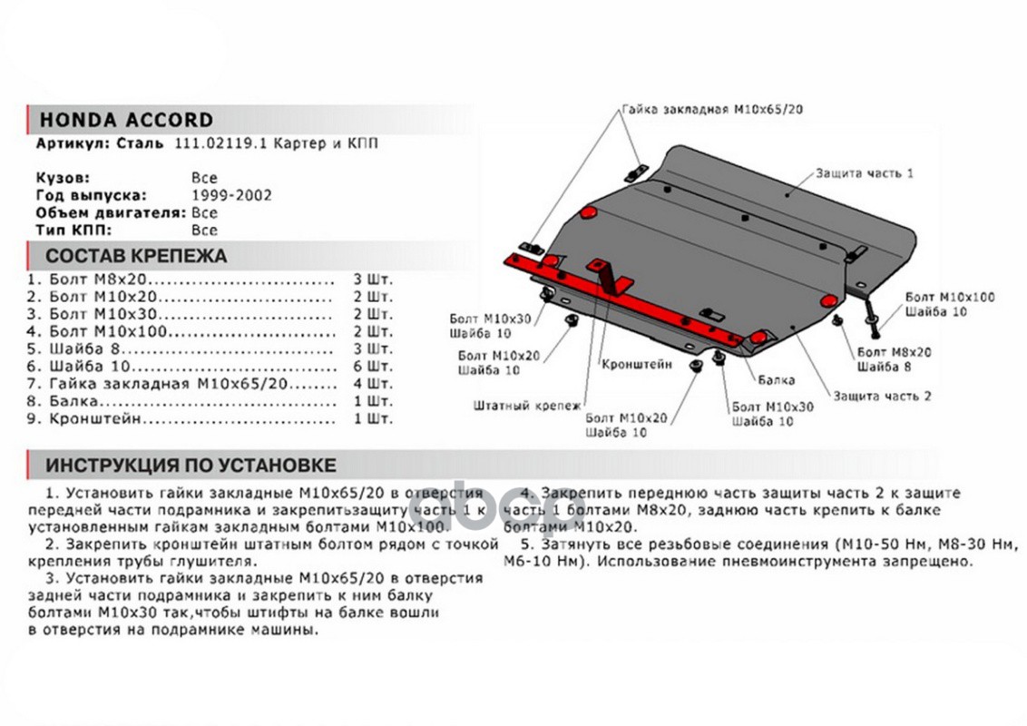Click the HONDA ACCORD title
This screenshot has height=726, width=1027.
coord(125,120)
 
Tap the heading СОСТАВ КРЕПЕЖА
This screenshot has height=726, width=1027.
coord(136,255)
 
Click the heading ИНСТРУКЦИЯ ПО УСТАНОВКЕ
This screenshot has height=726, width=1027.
coord(191,466)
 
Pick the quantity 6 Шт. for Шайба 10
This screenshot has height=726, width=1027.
coord(373,367)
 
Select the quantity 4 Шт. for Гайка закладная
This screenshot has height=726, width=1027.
coord(373,384)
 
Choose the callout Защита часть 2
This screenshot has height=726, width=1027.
coord(882,396)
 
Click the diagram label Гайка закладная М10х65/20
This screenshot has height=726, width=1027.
coord(712,109)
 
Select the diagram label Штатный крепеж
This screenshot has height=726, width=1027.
coord(526,406)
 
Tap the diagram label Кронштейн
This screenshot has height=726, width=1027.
coord(636,365)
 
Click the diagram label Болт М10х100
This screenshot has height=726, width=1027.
coord(949,298)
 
